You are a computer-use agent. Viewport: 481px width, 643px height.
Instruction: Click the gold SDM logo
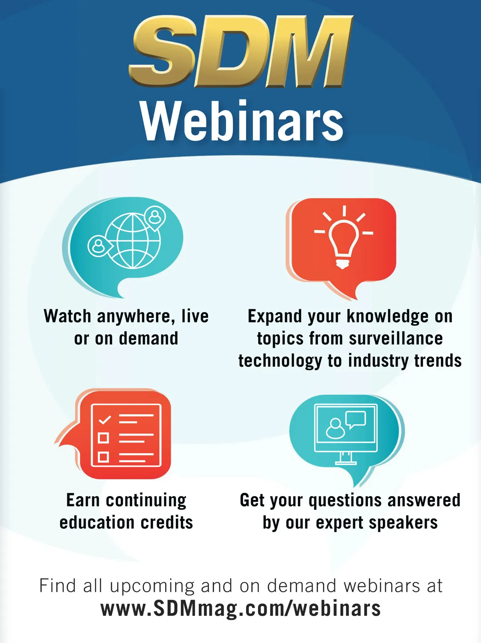click(x=240, y=51)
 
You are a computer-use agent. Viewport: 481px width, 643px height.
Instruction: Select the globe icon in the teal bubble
click(x=133, y=241)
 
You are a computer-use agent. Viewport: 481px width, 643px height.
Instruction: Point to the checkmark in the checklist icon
click(x=105, y=420)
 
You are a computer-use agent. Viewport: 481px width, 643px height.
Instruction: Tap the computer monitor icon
click(x=346, y=434)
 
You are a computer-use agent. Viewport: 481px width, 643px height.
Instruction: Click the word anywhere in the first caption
click(x=136, y=317)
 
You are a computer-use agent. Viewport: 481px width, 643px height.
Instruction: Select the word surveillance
click(x=396, y=339)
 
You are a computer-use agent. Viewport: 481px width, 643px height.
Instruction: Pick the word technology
click(x=280, y=361)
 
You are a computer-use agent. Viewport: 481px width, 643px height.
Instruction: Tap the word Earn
click(x=83, y=500)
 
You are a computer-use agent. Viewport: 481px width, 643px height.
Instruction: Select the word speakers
click(x=403, y=523)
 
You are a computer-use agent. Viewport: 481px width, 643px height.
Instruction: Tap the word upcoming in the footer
click(x=152, y=586)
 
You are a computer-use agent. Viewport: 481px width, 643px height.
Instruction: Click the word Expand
click(x=275, y=316)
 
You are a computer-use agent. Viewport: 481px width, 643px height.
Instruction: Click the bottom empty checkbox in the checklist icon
click(x=103, y=457)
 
